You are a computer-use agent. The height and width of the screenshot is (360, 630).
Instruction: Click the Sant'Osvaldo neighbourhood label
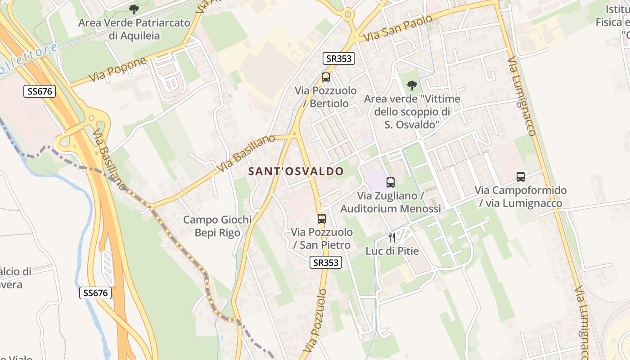(x=296, y=171)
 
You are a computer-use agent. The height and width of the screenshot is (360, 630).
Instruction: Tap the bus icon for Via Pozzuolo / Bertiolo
(x=326, y=77)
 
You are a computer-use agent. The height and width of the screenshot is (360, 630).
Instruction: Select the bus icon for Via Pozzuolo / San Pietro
(x=322, y=219)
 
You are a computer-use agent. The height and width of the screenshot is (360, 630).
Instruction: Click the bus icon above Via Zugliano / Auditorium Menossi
(x=391, y=182)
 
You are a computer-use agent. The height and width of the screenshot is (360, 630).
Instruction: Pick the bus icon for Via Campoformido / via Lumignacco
(x=521, y=177)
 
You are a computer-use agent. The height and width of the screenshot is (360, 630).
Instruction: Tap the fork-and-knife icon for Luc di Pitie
(x=392, y=237)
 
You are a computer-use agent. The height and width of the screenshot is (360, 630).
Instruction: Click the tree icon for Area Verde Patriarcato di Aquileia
(x=134, y=9)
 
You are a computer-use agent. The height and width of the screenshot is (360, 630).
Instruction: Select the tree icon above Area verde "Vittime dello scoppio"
(x=412, y=85)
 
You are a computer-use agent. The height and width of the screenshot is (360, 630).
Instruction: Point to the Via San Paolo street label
(x=398, y=28)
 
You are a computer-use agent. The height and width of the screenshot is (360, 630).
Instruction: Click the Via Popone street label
(x=117, y=70)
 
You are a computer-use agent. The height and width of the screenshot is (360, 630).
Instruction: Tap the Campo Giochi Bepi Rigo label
(x=217, y=226)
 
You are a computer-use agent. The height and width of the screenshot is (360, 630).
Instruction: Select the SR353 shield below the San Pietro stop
(x=326, y=262)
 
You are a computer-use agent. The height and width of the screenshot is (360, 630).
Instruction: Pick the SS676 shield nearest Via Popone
(x=40, y=91)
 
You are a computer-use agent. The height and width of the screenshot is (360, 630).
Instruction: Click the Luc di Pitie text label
(x=392, y=251)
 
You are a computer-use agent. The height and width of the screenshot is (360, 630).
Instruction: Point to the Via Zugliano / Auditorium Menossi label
(x=390, y=202)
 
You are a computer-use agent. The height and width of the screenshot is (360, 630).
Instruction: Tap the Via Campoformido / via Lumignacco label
(x=521, y=197)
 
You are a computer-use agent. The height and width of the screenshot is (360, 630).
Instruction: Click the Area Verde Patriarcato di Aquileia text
(x=134, y=29)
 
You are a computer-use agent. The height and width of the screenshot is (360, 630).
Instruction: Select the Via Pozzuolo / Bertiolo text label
(x=326, y=97)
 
